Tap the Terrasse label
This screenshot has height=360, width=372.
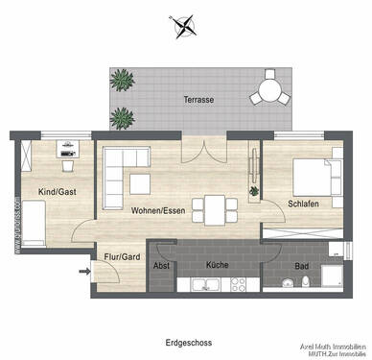[x=198, y=100]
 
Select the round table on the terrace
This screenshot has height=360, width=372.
[x=268, y=93]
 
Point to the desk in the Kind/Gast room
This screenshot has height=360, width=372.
[x=66, y=150]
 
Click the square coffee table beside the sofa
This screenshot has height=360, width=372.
[x=140, y=182]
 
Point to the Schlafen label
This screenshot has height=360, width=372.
[x=305, y=204]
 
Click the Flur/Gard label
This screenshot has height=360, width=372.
[x=118, y=256]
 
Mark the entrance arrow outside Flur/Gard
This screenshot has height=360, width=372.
[x=87, y=272]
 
